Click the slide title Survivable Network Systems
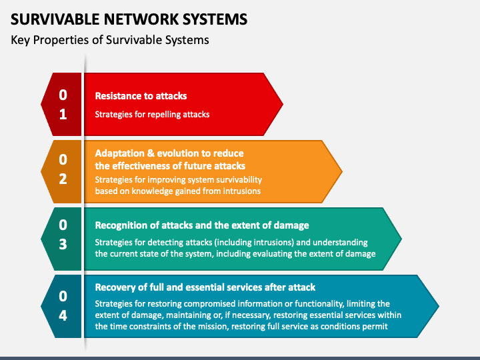point(129,18)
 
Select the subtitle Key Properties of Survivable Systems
point(110,40)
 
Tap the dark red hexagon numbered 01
point(63,104)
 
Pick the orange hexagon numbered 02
point(63,171)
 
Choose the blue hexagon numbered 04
point(63,306)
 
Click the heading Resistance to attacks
point(141,96)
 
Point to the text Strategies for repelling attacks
point(152,114)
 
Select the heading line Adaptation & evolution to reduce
point(169,153)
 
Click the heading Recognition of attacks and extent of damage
point(202,225)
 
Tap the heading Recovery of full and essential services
point(205,287)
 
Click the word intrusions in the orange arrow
point(241,191)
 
